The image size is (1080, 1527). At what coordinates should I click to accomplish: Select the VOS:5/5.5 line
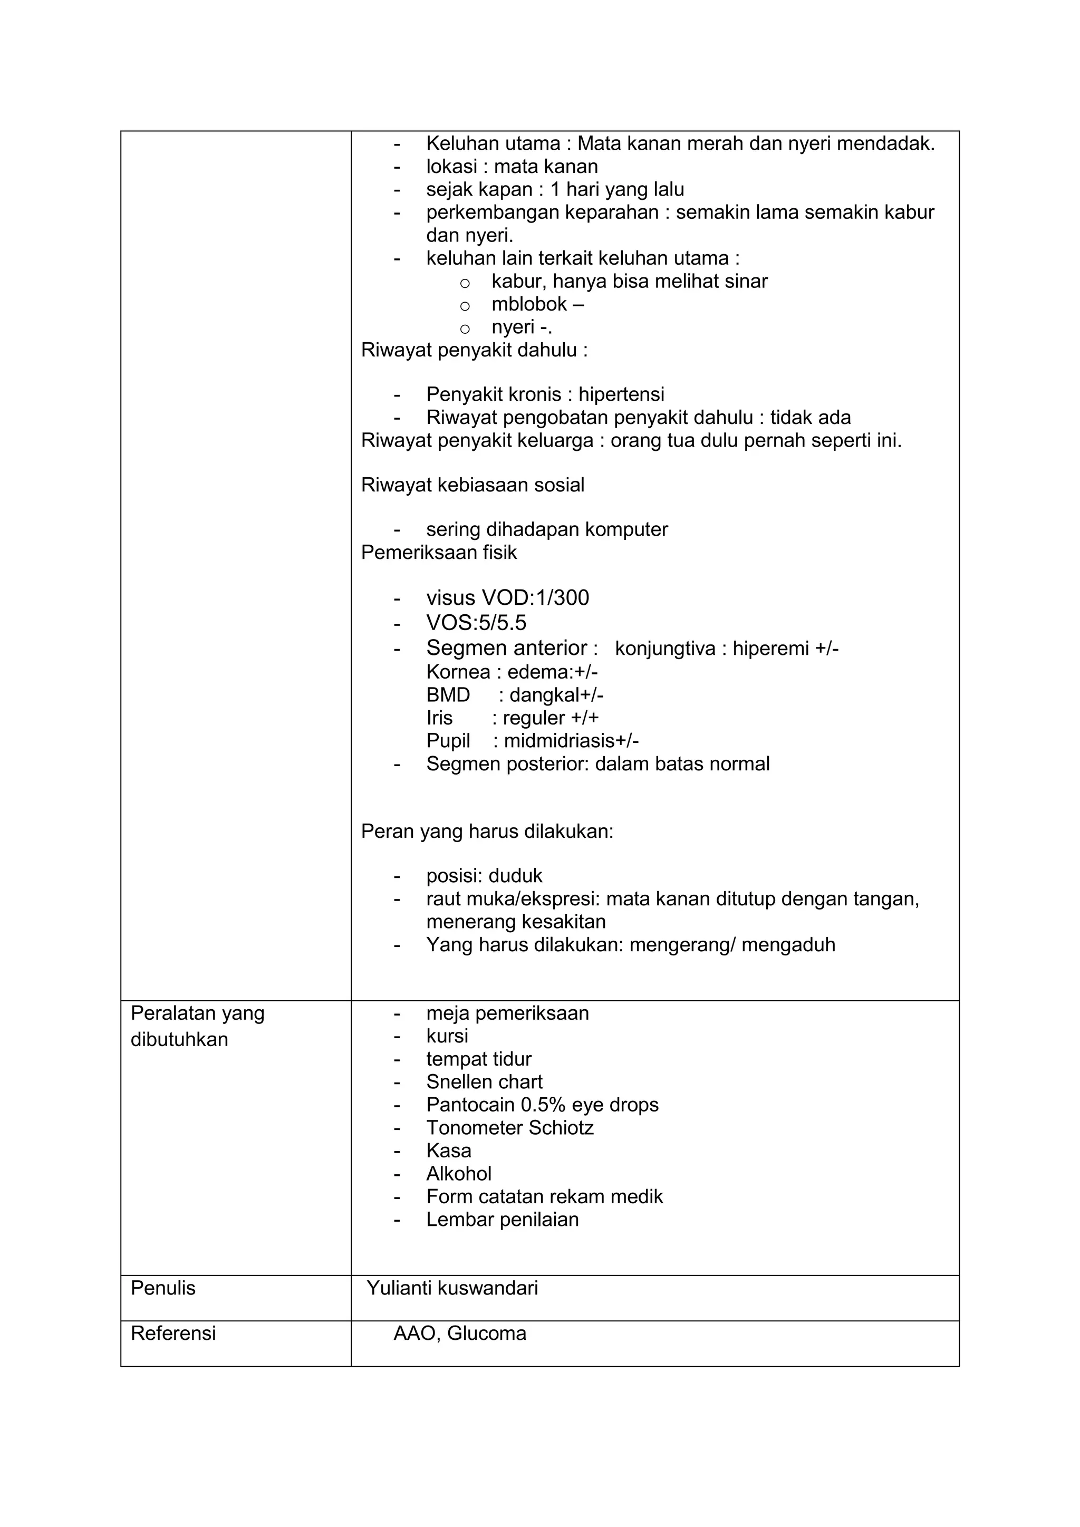point(476,623)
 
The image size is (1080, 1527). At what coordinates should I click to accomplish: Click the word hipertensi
point(621,394)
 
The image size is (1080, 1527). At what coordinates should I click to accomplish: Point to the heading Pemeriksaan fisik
point(439,553)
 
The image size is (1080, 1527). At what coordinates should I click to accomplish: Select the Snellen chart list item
point(484,1082)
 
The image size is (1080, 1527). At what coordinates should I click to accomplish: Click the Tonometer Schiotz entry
point(509,1128)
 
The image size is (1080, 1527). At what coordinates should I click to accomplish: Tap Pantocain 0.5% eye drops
point(542,1105)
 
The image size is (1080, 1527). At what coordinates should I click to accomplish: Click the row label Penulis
point(163,1288)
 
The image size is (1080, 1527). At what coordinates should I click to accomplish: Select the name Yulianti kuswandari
point(452,1288)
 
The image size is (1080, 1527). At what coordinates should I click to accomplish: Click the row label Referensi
point(173,1333)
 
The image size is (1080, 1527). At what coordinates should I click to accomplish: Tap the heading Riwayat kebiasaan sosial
point(472,485)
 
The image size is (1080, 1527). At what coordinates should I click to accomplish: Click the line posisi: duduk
point(484,876)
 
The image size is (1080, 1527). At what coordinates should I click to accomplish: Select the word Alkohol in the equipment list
point(459,1174)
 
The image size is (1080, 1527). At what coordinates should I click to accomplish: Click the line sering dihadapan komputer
point(547,529)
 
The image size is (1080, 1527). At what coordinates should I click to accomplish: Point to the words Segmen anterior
point(507,648)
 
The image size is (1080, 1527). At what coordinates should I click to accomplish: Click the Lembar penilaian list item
point(502,1220)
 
